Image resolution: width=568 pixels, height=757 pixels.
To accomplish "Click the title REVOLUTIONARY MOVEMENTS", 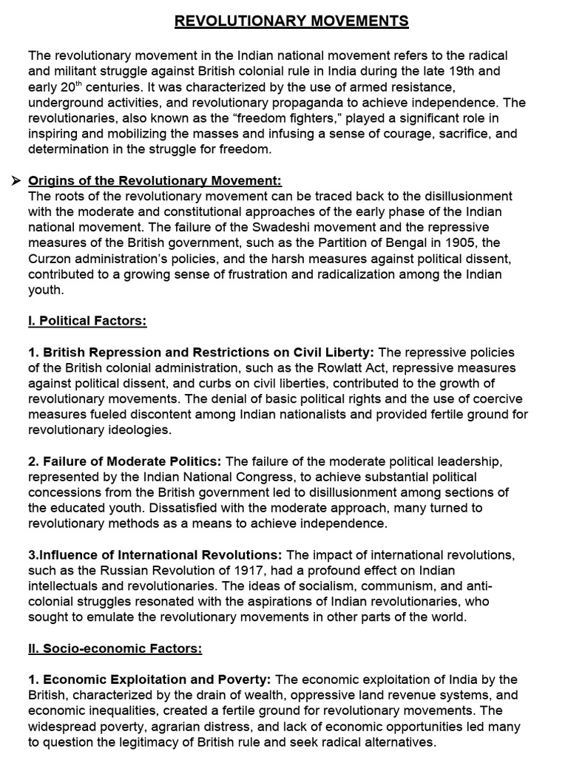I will click(x=291, y=21).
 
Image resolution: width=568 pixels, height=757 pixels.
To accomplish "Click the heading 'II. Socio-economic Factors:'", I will click(x=115, y=648).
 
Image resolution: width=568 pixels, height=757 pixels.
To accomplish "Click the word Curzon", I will click(x=49, y=258).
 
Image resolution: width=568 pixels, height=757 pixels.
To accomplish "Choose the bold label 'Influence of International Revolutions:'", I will click(x=155, y=555).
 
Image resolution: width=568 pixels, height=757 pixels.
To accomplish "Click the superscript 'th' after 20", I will click(x=80, y=84).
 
